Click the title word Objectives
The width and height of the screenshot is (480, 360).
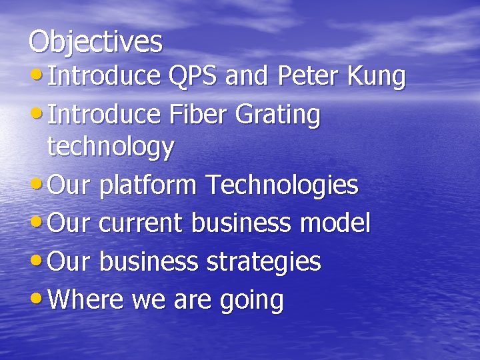(95, 41)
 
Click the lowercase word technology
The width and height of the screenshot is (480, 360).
(111, 148)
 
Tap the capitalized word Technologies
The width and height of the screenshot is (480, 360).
(281, 186)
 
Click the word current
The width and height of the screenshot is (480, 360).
(141, 223)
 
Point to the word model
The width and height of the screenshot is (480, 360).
(335, 223)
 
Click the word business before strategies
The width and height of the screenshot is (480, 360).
(149, 262)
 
